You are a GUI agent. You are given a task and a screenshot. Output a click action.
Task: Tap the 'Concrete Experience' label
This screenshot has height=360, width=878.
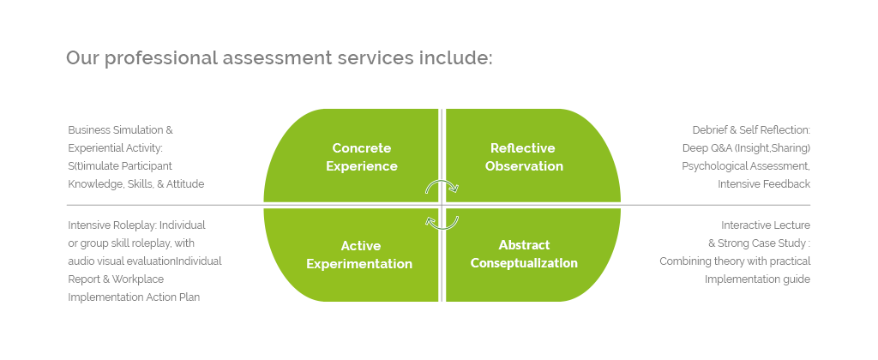pos(362,158)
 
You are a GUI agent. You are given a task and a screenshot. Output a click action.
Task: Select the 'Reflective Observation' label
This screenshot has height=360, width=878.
pos(524,158)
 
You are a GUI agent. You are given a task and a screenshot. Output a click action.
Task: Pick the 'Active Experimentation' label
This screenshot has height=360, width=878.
pos(359,255)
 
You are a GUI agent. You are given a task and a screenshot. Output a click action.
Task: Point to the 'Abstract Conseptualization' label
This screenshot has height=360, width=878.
pos(524,255)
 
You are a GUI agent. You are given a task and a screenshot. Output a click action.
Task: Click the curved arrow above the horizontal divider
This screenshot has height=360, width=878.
pos(442,182)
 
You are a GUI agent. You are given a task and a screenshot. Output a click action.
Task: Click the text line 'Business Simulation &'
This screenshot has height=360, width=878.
pos(120,130)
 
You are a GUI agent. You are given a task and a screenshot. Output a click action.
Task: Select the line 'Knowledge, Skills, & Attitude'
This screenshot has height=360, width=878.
pos(136,184)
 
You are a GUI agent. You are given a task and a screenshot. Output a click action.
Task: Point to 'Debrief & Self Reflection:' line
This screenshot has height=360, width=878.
pos(751,130)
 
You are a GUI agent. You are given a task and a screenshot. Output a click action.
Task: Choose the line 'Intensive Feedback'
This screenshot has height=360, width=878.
pos(764,184)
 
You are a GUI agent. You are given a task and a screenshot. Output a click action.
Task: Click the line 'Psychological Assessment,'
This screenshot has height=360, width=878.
pos(746,166)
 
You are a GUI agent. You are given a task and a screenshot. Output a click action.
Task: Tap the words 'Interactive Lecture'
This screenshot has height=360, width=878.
pos(766,225)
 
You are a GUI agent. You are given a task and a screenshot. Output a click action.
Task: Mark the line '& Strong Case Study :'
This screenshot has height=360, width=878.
pos(760,243)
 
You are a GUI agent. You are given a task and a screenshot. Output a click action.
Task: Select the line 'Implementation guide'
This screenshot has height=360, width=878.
pos(757,279)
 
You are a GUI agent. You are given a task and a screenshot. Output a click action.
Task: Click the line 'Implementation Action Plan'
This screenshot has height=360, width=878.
pos(134,297)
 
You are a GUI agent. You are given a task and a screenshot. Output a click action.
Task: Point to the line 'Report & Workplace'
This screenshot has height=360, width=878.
pos(116,279)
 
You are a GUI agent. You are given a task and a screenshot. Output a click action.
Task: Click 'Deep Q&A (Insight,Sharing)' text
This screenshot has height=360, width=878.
pos(747,148)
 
